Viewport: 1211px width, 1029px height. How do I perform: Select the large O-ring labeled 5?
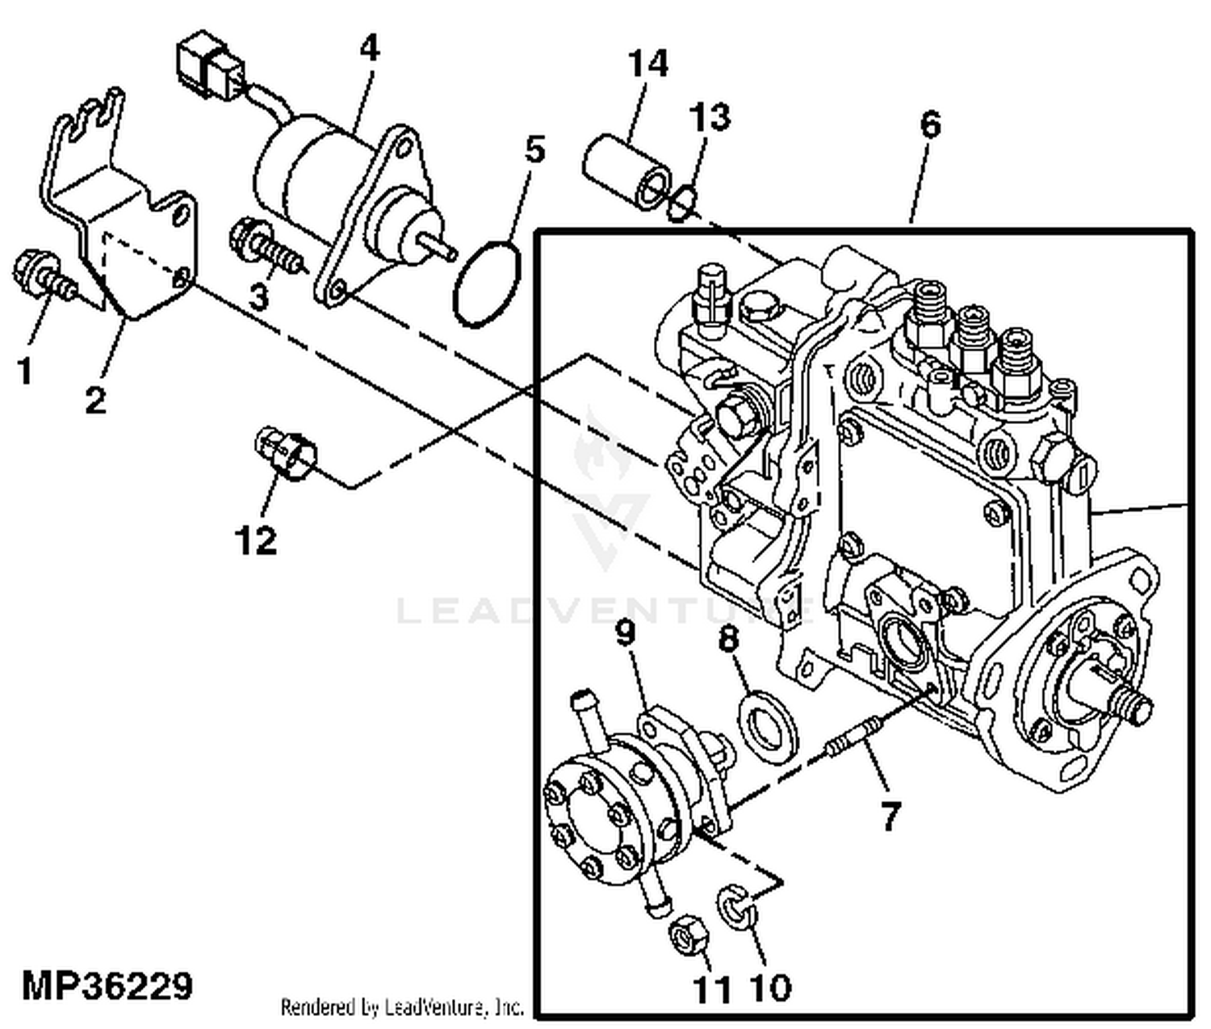tap(487, 283)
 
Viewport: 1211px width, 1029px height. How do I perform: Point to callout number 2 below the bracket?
tap(95, 399)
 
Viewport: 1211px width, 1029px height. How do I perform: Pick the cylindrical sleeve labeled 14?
tap(626, 173)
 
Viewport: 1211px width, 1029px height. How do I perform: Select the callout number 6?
tap(929, 125)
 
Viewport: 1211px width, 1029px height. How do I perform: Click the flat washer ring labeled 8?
tap(768, 725)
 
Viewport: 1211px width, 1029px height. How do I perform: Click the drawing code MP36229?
tap(107, 986)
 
